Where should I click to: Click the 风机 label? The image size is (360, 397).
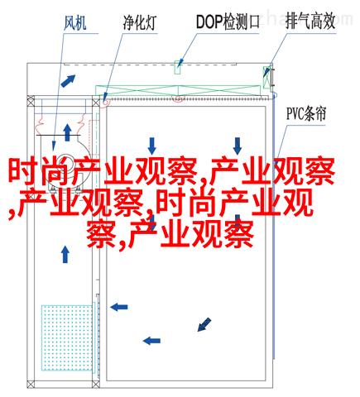[75, 23]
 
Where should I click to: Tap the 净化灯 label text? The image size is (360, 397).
[140, 22]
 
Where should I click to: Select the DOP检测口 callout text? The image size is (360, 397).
[228, 22]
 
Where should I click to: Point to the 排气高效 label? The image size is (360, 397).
[310, 22]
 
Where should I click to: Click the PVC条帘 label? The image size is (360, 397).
[306, 113]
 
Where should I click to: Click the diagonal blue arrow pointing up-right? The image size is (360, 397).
[68, 81]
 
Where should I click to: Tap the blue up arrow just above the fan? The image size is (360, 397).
[67, 132]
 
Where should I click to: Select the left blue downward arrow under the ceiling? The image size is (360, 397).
[151, 146]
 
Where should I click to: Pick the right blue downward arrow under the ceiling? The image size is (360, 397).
[238, 146]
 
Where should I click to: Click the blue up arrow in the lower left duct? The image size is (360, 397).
[65, 254]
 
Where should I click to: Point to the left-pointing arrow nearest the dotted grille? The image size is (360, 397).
[119, 307]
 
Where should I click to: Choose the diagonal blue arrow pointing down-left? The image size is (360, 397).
[204, 324]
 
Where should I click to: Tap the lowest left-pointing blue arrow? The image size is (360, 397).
[151, 341]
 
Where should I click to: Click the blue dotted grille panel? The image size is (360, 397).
[67, 337]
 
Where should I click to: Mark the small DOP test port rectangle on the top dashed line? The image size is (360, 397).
[178, 67]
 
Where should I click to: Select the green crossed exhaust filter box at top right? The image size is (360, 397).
[266, 77]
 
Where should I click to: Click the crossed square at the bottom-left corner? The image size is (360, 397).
[31, 384]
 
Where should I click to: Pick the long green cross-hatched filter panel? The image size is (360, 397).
[178, 91]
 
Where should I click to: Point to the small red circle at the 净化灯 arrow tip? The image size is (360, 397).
[105, 103]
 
